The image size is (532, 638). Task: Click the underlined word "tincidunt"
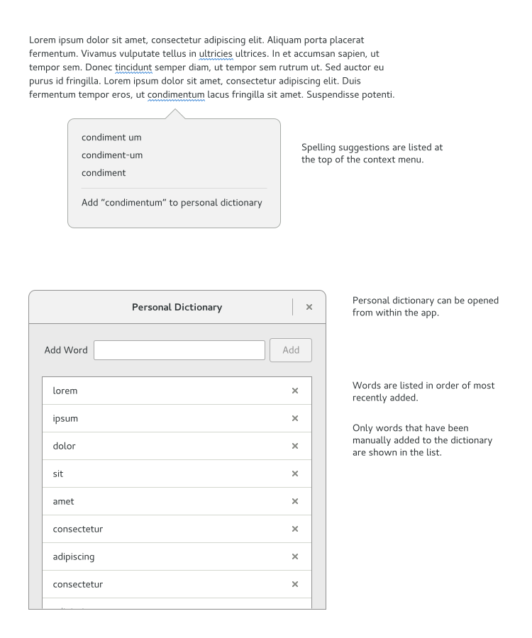coord(133,67)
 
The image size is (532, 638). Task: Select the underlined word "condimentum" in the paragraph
coord(176,95)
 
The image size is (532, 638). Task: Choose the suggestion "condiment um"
coord(111,138)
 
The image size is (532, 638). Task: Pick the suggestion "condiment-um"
coord(112,155)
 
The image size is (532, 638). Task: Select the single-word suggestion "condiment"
coord(104,173)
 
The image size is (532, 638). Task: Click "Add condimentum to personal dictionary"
coord(172,203)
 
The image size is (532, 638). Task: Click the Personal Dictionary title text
coord(177,308)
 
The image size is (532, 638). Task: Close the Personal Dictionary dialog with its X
coord(309,307)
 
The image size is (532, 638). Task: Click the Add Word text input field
coord(179,350)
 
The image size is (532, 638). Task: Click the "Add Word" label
coord(66,350)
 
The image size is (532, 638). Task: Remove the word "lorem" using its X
coord(295,391)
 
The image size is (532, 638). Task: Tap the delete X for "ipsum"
coord(295,418)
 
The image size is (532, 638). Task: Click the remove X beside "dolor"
coord(295,446)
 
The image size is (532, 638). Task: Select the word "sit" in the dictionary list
coord(58,474)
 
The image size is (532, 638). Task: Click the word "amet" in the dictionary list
coord(63,501)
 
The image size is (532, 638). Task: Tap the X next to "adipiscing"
coord(295,556)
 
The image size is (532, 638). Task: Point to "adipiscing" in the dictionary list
coord(74,556)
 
